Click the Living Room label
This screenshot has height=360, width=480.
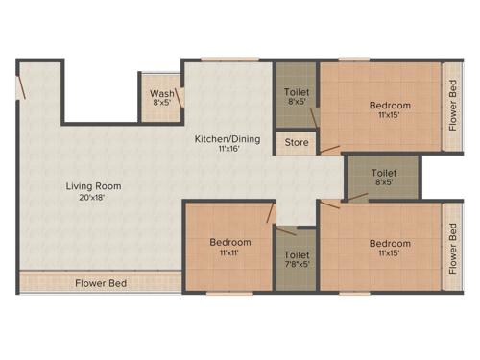(93, 185)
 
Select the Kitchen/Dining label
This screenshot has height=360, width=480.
(227, 138)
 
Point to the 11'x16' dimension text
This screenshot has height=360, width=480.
(227, 150)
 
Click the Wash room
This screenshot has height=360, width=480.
(159, 97)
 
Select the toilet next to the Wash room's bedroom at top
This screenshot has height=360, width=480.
(295, 94)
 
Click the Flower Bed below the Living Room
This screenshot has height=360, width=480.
(101, 283)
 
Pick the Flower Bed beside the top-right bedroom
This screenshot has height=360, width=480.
(453, 107)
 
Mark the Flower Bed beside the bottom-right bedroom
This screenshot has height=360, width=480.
(453, 250)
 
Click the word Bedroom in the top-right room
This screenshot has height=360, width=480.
(390, 105)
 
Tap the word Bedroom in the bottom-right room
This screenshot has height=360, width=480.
(390, 243)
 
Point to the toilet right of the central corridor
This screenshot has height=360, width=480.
(383, 177)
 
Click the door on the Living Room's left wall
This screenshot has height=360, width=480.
(19, 88)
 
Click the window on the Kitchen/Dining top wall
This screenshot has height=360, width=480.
(230, 60)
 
